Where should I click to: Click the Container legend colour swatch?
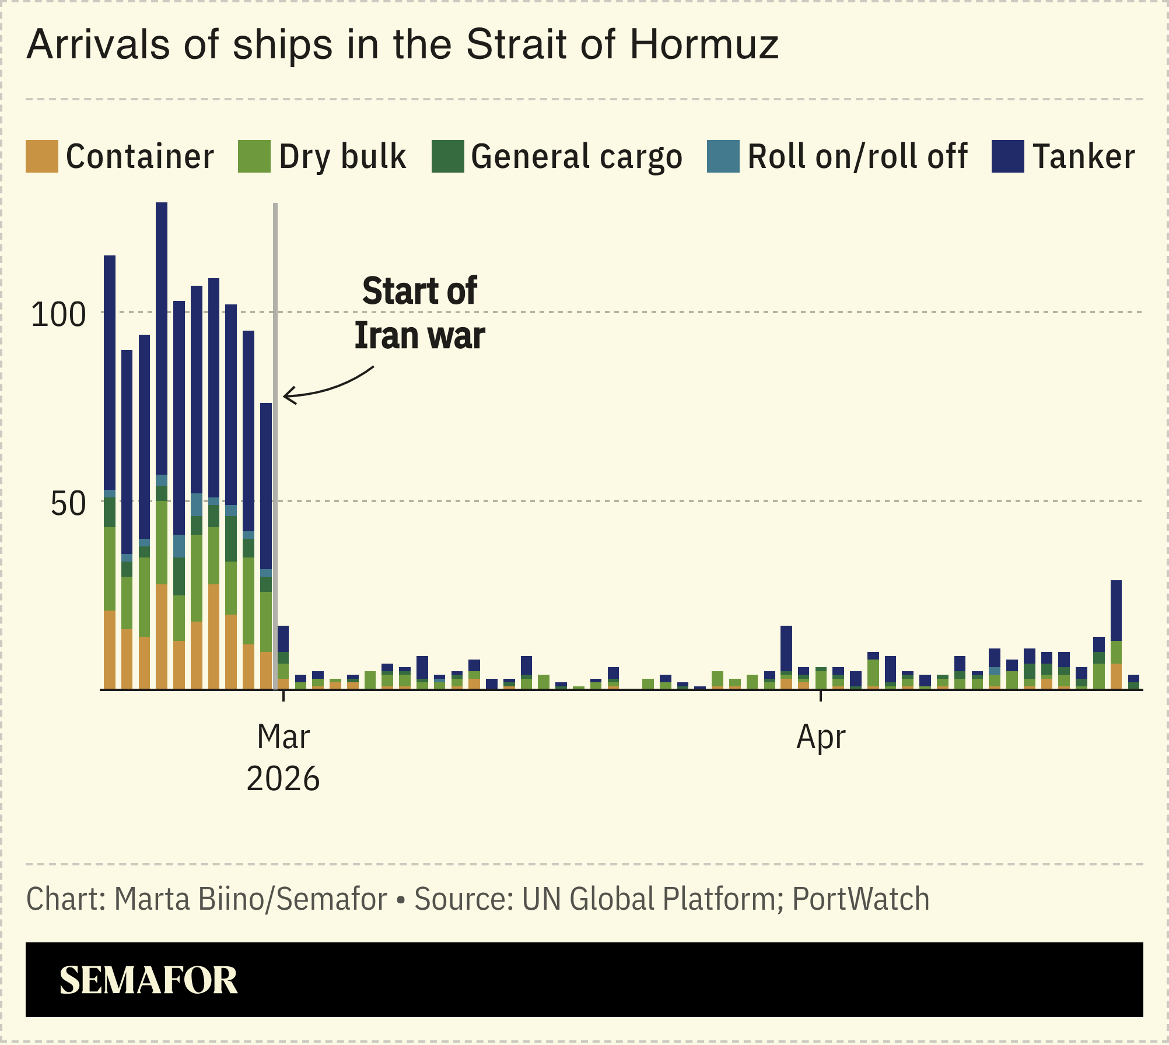click(x=41, y=156)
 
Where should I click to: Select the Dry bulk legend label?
click(x=342, y=156)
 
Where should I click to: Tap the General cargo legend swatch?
click(x=447, y=156)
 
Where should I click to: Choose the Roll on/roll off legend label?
click(x=857, y=156)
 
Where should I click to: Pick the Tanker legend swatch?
click(x=1007, y=156)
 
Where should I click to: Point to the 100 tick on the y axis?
click(x=58, y=315)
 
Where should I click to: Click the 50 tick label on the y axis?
click(x=68, y=504)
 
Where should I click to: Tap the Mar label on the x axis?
click(x=283, y=737)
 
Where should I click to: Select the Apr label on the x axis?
click(x=820, y=737)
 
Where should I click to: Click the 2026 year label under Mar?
click(x=283, y=779)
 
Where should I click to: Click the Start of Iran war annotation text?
click(x=419, y=313)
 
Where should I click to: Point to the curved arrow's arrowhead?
click(x=286, y=396)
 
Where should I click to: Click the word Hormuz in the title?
click(x=703, y=44)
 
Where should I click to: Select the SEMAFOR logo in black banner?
click(x=148, y=980)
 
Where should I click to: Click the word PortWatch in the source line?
click(x=860, y=899)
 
